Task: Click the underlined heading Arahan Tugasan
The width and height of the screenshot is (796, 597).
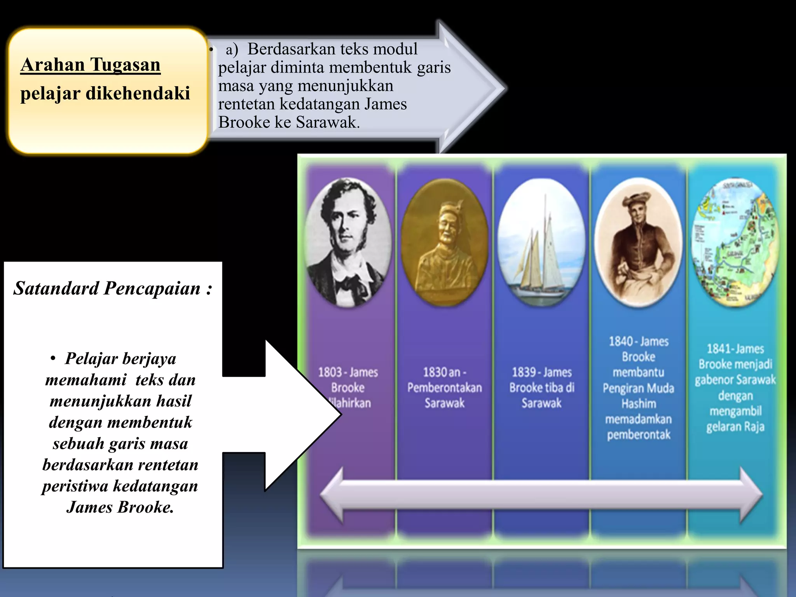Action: pyautogui.click(x=90, y=65)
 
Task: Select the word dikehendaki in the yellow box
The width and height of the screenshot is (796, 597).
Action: pyautogui.click(x=138, y=94)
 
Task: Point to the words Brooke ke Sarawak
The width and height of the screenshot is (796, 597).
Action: pyautogui.click(x=289, y=122)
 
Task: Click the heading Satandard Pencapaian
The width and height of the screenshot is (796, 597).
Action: pyautogui.click(x=113, y=289)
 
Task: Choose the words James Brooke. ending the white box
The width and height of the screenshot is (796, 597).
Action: pyautogui.click(x=120, y=507)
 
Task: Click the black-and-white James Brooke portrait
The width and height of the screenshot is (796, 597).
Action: pyautogui.click(x=348, y=242)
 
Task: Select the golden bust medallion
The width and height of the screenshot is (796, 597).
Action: pyautogui.click(x=444, y=242)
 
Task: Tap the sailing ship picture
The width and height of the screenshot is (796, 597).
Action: pyautogui.click(x=541, y=242)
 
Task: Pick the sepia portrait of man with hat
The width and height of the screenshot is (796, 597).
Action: pyautogui.click(x=638, y=242)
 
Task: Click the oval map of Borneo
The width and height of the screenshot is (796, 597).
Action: pyautogui.click(x=735, y=242)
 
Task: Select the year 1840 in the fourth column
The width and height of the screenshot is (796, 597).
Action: pyautogui.click(x=621, y=342)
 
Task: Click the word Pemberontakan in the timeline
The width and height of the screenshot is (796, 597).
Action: pyautogui.click(x=444, y=388)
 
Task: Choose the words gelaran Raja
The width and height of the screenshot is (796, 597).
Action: pyautogui.click(x=735, y=427)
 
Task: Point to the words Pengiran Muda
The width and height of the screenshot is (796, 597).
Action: pyautogui.click(x=638, y=388)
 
